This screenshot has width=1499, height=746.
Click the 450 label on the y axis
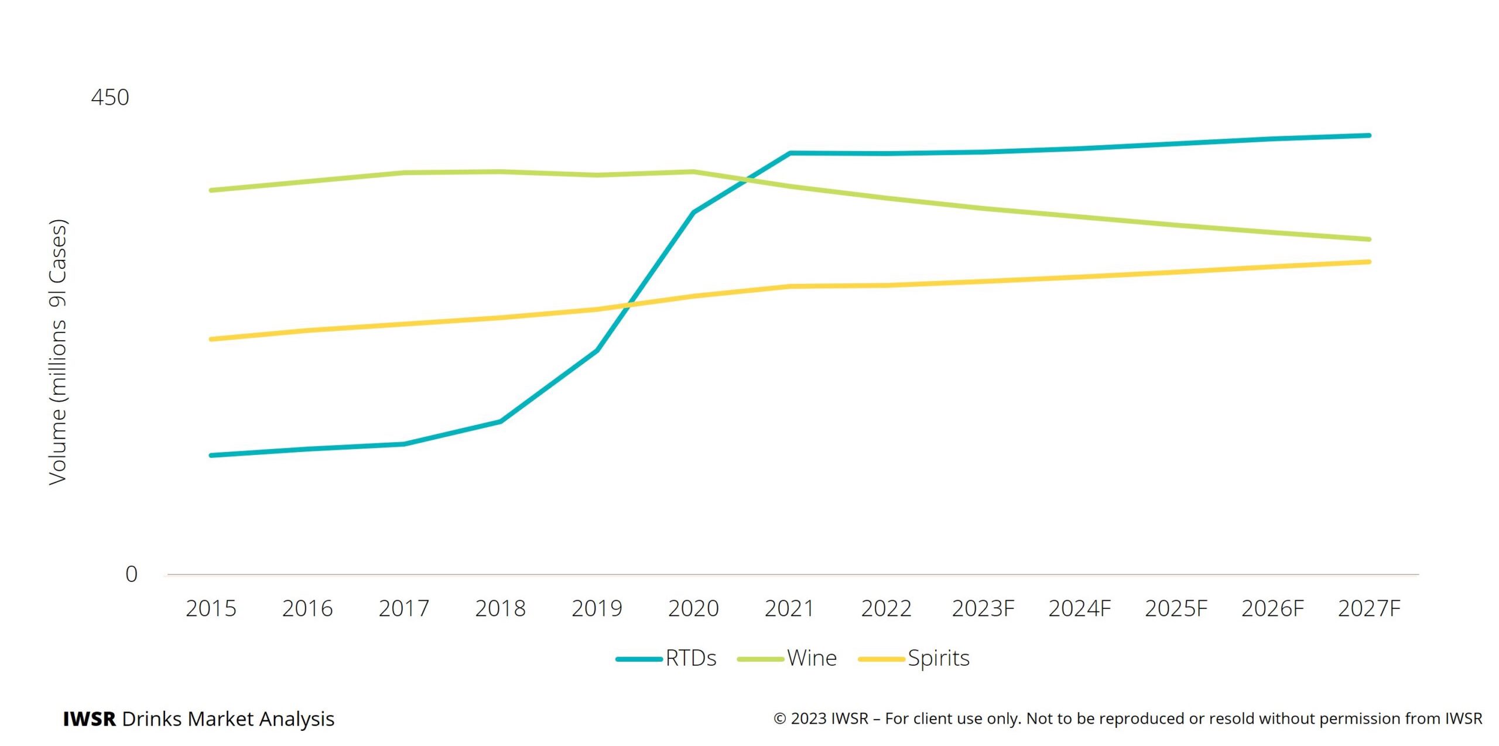coord(109,97)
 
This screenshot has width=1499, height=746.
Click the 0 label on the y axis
coord(131,574)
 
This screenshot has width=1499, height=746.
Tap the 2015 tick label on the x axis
coord(211,608)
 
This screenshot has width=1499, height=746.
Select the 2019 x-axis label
coord(597,608)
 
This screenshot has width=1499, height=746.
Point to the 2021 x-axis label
coord(789,608)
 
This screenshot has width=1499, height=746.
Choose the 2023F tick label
coord(983,608)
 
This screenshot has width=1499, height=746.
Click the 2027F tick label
coord(1369,608)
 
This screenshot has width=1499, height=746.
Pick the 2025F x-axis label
coord(1176,608)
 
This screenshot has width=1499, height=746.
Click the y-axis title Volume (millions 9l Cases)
coord(58,351)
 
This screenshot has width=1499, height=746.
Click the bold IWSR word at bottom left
coord(89,718)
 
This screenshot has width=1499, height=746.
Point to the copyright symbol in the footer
coord(780,718)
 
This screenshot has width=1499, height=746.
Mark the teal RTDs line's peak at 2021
coord(790,153)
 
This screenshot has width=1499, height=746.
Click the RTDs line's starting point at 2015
coord(211,455)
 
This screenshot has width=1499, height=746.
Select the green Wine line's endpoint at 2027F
coord(1369,239)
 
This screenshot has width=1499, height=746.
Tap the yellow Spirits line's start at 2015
coord(211,339)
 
